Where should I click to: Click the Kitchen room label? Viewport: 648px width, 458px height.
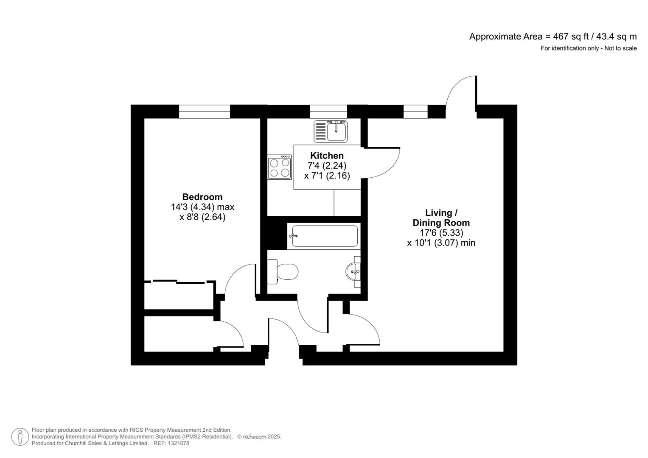click(x=327, y=156)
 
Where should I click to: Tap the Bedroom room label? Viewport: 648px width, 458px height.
click(x=202, y=197)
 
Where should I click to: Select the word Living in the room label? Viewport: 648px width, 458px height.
click(x=438, y=213)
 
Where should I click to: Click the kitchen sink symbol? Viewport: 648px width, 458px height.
click(x=331, y=131)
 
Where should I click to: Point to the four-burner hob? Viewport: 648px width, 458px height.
click(x=280, y=167)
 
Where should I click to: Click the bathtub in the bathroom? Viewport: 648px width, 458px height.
click(x=323, y=236)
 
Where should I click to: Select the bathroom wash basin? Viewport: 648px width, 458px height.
click(x=353, y=271)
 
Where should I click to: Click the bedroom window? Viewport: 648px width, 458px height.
click(x=204, y=112)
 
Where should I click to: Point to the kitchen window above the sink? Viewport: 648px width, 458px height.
click(x=328, y=112)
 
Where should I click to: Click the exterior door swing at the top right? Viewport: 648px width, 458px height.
click(x=462, y=91)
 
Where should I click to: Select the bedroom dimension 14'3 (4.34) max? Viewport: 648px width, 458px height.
click(x=202, y=207)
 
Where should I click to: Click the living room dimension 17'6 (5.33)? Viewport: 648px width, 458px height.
click(x=441, y=233)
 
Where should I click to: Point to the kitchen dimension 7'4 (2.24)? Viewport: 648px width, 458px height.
click(x=327, y=166)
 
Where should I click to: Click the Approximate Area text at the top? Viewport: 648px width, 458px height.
click(x=553, y=36)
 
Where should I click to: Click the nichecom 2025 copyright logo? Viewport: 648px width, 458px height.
click(x=259, y=437)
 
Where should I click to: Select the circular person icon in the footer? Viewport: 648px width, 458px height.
click(x=20, y=437)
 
